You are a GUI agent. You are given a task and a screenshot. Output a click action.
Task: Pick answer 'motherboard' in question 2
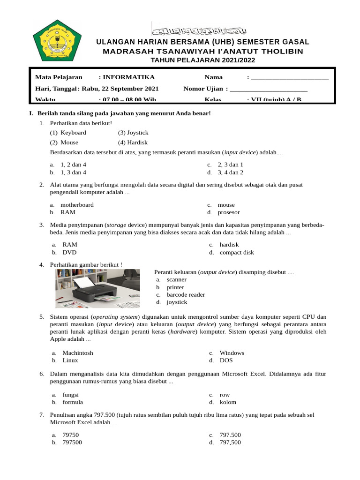click(x=77, y=205)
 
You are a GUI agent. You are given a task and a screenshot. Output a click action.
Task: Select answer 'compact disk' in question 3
click(x=237, y=252)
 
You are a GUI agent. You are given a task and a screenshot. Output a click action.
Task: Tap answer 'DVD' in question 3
click(x=69, y=252)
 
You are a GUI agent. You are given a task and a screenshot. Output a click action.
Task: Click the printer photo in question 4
click(x=97, y=288)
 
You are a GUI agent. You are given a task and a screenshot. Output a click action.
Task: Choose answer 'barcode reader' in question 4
click(x=186, y=295)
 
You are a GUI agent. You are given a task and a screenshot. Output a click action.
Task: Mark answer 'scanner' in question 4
click(x=176, y=279)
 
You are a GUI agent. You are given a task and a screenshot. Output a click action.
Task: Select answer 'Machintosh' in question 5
click(x=78, y=353)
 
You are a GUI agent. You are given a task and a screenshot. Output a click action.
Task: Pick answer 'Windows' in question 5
click(x=232, y=353)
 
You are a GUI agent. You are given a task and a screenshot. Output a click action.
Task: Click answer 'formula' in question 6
click(x=73, y=402)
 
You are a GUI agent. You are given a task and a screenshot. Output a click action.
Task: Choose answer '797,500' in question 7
click(x=230, y=442)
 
